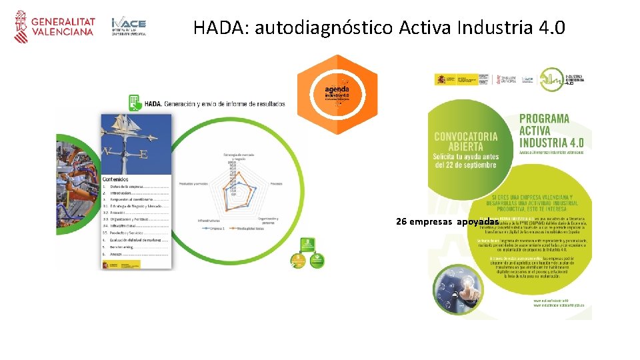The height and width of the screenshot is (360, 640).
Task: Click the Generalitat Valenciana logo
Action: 55,26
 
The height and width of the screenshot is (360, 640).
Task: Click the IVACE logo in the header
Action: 129,27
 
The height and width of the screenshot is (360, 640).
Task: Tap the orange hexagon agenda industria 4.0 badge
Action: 337,95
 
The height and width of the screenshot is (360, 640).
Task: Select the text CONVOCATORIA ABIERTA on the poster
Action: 466,141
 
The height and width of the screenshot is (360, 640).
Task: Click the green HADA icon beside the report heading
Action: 135,103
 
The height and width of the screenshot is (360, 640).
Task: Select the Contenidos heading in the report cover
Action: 117,179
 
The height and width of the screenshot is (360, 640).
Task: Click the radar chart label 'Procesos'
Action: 275,183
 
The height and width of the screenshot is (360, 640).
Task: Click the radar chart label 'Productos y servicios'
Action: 194,183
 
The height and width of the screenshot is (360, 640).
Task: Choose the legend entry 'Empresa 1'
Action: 216,228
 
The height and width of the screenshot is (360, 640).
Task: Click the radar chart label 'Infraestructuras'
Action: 209,219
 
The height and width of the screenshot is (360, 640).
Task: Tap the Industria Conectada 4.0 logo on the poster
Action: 561,79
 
